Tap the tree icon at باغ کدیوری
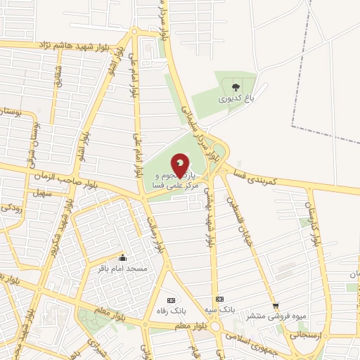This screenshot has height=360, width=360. tap(234, 87)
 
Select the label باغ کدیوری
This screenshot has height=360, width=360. tap(234, 99)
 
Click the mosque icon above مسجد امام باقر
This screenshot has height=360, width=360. tap(124, 257)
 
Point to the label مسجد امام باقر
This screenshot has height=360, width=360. tap(124, 269)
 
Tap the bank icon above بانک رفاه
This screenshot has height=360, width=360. tap(168, 298)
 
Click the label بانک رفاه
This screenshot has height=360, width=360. tap(168, 309)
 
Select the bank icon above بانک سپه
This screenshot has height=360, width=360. tap(219, 297)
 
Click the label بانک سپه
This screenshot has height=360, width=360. tap(219, 309)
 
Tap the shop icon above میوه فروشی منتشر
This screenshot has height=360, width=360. tap(276, 306)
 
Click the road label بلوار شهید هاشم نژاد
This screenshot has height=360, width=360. tap(77, 45)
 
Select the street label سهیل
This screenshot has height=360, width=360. tap(39, 192)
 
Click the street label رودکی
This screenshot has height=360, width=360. tap(11, 208)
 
